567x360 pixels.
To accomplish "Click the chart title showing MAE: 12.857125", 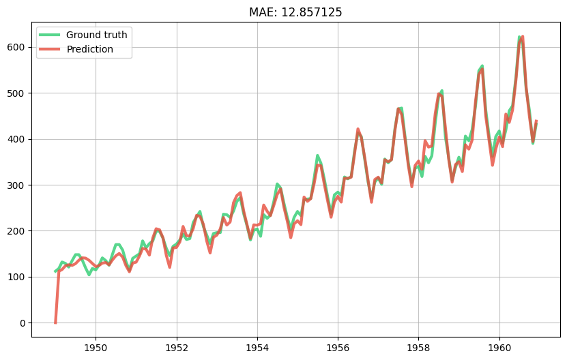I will tap(295, 12).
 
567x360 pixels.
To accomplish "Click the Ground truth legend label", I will tap(97, 35).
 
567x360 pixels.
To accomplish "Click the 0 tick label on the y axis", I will tap(23, 323).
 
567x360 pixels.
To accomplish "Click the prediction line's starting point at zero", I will tap(55, 322).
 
